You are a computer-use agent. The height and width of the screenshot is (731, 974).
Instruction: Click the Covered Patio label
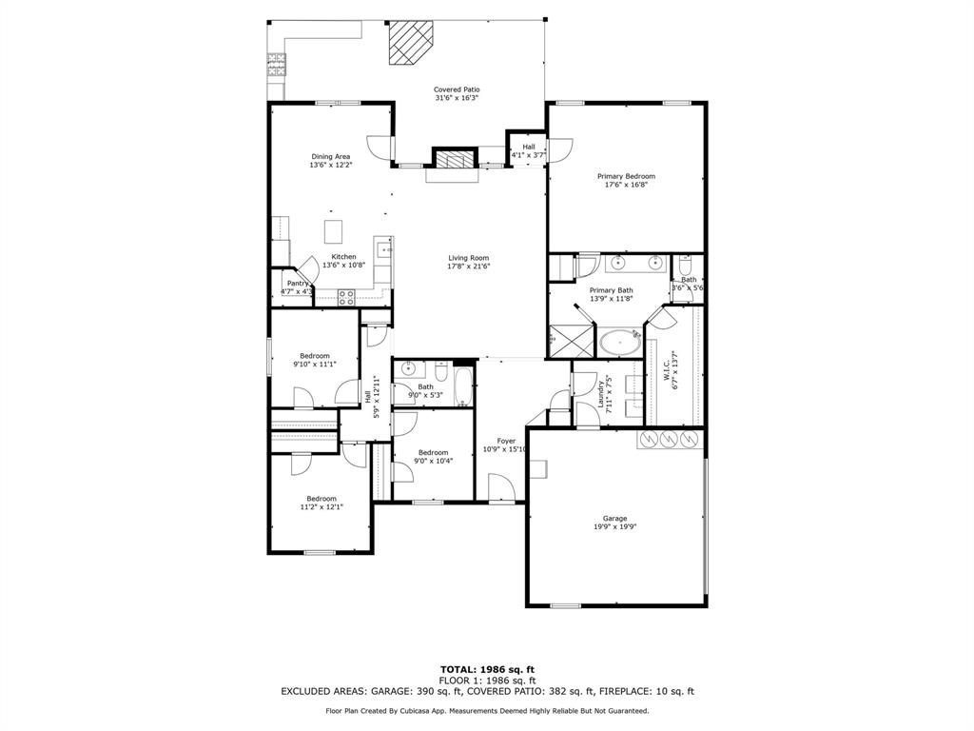(x=457, y=89)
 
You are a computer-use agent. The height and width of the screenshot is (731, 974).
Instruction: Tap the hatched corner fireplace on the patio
(x=410, y=43)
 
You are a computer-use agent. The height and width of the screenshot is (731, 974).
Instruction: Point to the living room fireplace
(x=453, y=159)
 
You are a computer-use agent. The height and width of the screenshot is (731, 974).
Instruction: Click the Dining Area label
(x=330, y=156)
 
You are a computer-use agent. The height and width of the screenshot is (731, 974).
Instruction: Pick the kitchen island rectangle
(x=333, y=232)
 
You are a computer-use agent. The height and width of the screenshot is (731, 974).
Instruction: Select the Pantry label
(x=298, y=283)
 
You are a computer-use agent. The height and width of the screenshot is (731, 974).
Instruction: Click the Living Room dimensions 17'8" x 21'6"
(x=468, y=267)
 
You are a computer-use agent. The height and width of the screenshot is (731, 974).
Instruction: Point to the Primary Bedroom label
(x=626, y=176)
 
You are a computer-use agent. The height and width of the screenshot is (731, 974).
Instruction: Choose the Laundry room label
(x=602, y=393)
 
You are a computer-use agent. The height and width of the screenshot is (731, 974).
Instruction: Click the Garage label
(x=614, y=519)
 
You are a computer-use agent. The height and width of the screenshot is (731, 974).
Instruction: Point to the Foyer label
(x=506, y=442)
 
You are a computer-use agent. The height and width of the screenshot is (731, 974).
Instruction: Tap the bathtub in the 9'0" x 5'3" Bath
(x=462, y=387)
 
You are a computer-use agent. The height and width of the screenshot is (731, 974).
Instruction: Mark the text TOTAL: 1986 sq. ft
(x=493, y=669)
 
